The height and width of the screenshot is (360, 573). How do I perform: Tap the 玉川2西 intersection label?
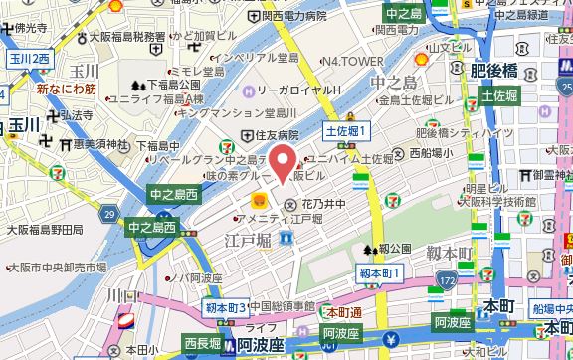(x=29, y=60)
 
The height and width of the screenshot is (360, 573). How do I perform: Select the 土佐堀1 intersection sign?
(x=348, y=131)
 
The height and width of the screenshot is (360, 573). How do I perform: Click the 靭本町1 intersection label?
(x=379, y=271)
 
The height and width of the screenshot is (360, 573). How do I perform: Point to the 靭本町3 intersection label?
(x=225, y=309)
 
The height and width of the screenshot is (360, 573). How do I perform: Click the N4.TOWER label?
(x=351, y=62)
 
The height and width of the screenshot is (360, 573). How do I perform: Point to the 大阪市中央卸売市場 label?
(x=57, y=268)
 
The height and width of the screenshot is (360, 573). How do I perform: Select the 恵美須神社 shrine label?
(x=100, y=142)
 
